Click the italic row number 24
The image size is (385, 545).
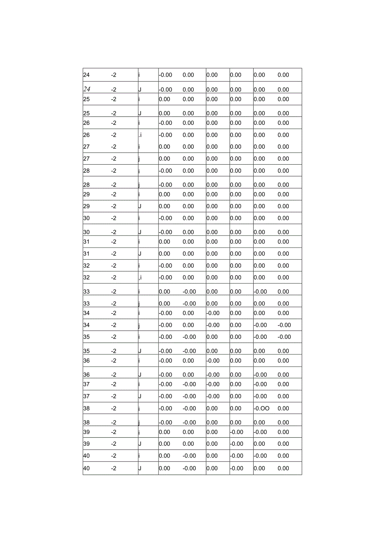87,89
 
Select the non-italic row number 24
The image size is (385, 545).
86,75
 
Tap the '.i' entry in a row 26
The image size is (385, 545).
140,135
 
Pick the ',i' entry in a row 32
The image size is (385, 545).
140,277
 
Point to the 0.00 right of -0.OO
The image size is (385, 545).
283,408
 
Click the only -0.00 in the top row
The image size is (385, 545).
165,75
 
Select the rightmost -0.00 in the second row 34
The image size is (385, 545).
284,325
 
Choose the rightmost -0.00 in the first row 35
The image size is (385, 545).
284,337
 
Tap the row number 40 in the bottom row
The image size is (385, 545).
86,468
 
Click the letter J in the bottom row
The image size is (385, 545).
140,468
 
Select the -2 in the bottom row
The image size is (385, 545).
113,468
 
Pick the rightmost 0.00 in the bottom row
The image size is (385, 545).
283,468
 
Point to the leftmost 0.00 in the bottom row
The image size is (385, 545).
164,468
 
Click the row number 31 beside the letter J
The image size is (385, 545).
86,253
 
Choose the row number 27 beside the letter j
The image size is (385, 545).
86,159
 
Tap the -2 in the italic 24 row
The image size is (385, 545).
113,89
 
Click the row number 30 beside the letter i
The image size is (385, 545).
86,218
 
